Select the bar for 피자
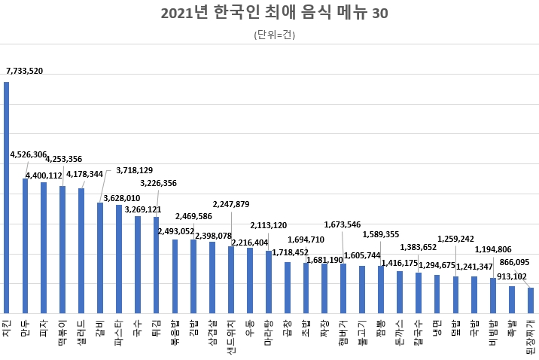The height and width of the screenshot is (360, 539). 44,248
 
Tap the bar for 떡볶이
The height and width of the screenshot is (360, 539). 62,249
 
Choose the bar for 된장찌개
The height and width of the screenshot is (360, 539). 531,301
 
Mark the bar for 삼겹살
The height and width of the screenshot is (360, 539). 212,277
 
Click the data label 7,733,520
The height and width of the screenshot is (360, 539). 25,71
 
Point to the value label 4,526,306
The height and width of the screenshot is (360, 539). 29,154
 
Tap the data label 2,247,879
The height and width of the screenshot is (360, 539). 231,204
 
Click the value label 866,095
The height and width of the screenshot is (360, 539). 516,261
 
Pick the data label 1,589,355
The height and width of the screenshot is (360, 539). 381,234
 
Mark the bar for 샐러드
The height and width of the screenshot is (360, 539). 81,251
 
